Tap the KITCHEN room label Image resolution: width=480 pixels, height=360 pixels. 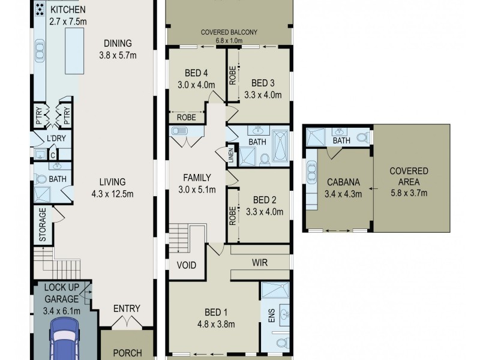[x=68, y=10]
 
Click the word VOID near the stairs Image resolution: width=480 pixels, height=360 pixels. [x=187, y=265]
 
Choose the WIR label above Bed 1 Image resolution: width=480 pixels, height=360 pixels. [x=260, y=262]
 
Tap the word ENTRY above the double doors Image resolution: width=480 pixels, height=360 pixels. [x=127, y=309]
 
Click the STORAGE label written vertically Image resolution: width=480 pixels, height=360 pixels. [x=43, y=224]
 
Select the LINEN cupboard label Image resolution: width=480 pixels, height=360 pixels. [x=230, y=155]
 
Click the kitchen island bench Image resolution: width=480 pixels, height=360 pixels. [x=74, y=52]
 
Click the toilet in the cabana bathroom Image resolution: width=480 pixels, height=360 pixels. [x=362, y=137]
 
